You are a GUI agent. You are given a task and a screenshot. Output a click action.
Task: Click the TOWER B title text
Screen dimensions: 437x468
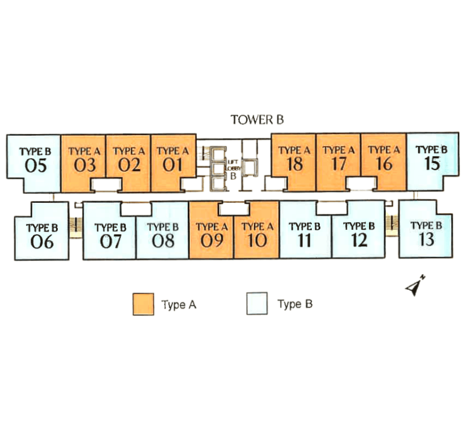[x=257, y=120]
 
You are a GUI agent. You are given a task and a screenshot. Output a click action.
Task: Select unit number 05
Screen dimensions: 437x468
[x=35, y=166]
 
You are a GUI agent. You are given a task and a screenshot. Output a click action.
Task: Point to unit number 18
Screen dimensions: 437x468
[x=294, y=164]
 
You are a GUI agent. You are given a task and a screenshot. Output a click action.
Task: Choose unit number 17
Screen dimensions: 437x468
[x=339, y=164]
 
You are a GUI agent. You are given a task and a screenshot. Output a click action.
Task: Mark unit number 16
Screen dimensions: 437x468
[x=384, y=164]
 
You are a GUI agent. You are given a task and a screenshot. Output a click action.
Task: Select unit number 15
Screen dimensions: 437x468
[x=433, y=163]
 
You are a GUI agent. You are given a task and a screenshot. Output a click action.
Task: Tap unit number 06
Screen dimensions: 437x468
[x=42, y=242]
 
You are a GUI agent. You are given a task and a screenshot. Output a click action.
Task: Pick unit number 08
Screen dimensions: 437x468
[x=163, y=241]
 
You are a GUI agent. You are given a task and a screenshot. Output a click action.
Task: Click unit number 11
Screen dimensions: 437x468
[x=304, y=240]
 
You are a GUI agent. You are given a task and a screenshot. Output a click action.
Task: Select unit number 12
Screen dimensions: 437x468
[x=359, y=240]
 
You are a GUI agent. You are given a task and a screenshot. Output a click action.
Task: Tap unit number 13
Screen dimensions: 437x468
[x=426, y=239]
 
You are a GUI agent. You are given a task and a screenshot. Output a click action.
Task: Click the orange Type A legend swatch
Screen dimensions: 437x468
[x=143, y=304]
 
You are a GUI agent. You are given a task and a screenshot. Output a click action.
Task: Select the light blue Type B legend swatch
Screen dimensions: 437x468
[x=257, y=304]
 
